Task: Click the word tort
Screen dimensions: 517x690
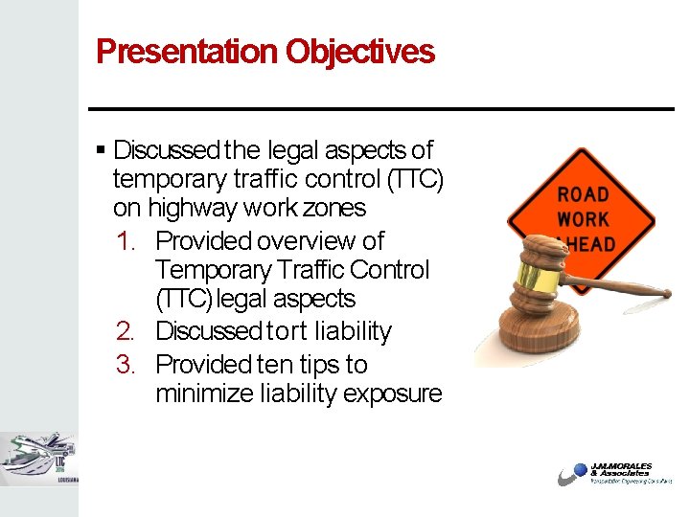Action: coord(287,332)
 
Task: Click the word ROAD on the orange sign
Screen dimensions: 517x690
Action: coord(583,194)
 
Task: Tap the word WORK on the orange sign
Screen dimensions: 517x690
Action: coord(583,219)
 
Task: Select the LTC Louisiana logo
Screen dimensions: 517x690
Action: coord(38,459)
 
